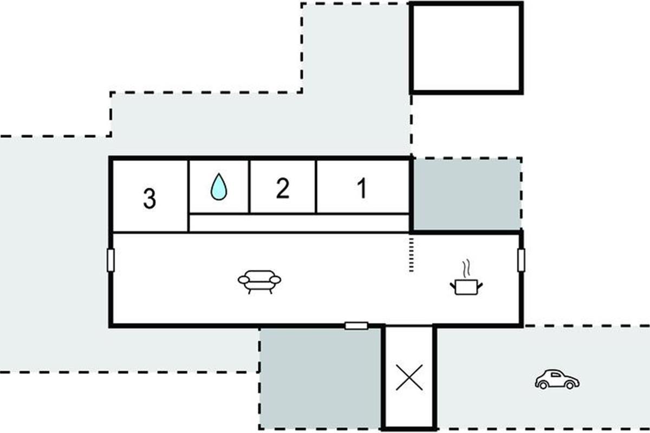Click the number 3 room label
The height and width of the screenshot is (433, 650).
pos(149,199)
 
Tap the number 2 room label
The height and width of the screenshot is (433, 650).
pos(282,189)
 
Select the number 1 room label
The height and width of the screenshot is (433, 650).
pos(362,188)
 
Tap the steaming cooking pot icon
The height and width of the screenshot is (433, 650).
pos(466,286)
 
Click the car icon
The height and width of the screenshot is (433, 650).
pos(557,379)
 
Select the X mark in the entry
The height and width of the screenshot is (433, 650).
pos(409,377)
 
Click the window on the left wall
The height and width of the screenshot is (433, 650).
pos(110,260)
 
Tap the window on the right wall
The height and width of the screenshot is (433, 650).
pos(521,260)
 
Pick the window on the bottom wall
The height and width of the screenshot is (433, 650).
pos(356,325)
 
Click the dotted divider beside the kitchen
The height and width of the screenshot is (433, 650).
pos(411,253)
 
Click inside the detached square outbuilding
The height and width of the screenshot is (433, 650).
pos(466,48)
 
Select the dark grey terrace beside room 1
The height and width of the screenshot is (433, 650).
pos(467,194)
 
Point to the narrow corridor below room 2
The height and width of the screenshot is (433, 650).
pos(298,222)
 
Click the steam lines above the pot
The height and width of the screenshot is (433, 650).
pos(465,269)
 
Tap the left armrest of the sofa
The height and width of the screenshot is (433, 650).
pos(243,279)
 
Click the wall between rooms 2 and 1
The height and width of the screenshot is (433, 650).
pos(316,186)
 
